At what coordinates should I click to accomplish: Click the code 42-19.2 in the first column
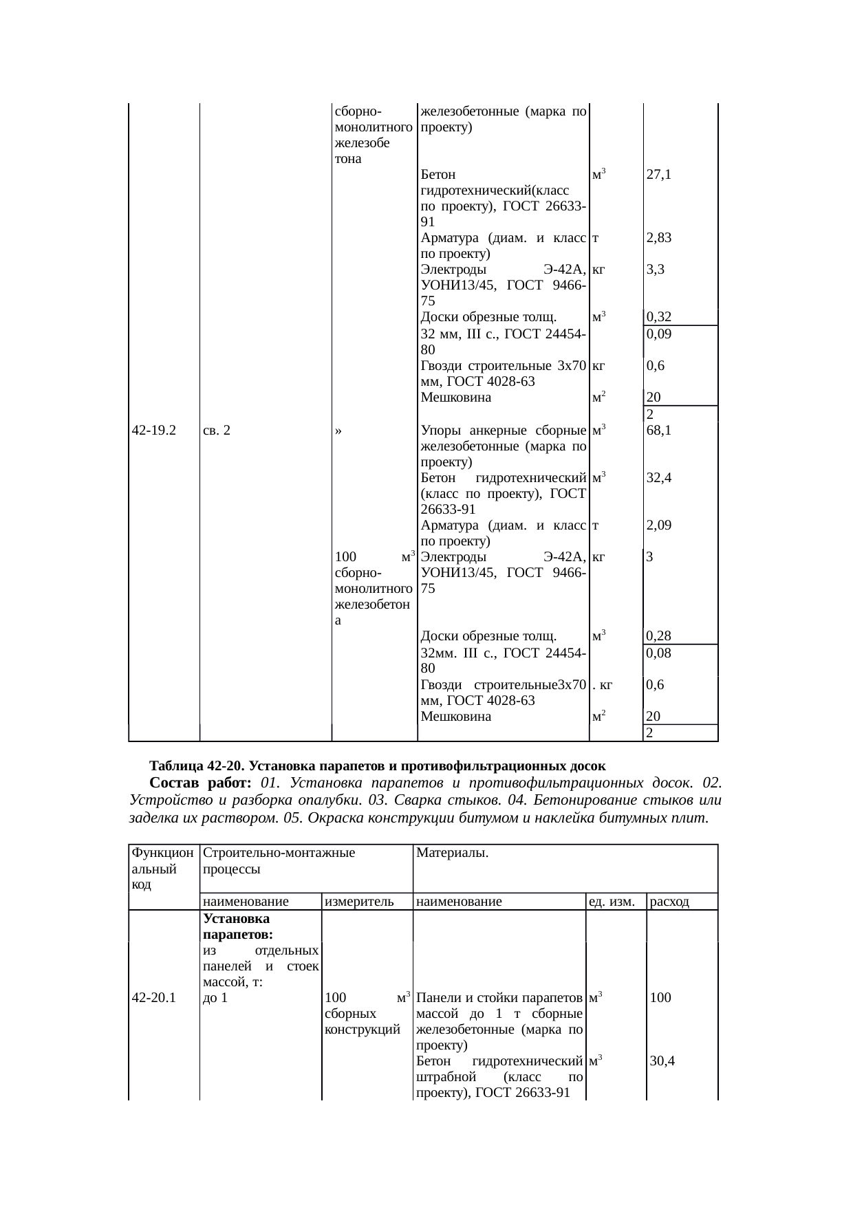[153, 431]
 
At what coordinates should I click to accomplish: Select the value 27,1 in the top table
[659, 175]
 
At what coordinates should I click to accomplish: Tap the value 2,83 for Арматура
[659, 238]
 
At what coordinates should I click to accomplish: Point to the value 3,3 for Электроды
[655, 270]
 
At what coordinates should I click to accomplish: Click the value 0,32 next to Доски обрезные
[659, 317]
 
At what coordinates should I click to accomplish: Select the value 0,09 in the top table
[659, 334]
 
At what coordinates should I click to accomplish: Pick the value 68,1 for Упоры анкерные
[659, 431]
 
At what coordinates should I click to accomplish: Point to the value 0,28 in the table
[659, 636]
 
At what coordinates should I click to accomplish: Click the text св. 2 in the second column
[217, 431]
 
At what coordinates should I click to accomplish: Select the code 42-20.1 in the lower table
[153, 997]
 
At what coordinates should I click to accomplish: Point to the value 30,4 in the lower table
[662, 1061]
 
